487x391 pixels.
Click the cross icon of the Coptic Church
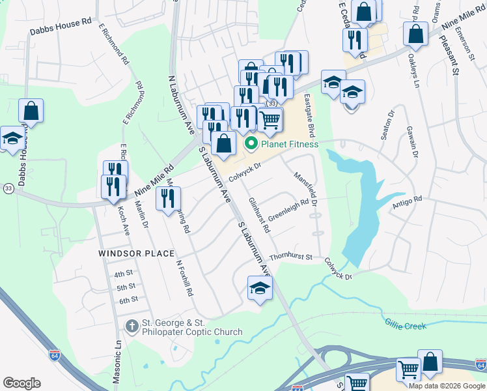(x=132, y=325)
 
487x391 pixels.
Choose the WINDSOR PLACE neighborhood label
(x=136, y=253)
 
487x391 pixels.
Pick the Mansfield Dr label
(x=305, y=189)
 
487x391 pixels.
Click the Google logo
(x=21, y=383)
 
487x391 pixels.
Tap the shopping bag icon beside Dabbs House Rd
(x=31, y=111)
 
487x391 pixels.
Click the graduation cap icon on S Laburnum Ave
(x=259, y=289)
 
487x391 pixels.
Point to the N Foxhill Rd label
(x=185, y=279)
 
